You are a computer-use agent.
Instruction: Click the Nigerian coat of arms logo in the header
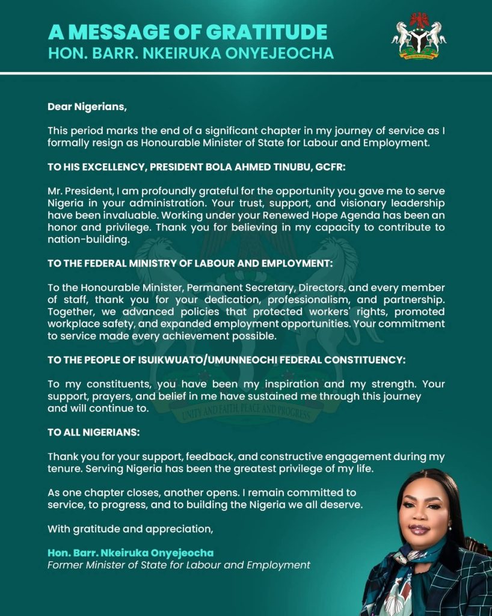tap(419, 36)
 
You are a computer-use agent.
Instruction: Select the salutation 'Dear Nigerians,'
tap(88, 107)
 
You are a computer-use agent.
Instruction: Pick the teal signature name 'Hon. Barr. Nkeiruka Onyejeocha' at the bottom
tap(131, 553)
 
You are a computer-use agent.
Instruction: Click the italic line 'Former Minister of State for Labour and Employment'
tap(179, 565)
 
